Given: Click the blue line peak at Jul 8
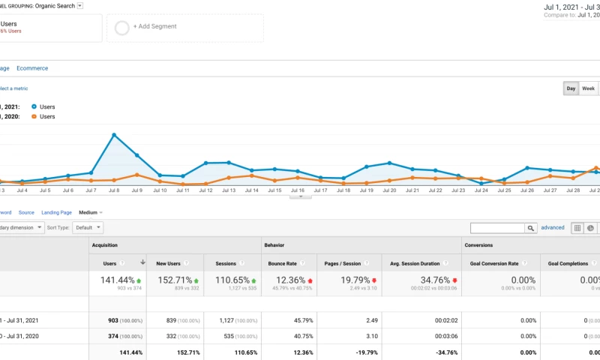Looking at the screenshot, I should (114, 135).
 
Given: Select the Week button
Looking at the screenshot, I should (589, 88).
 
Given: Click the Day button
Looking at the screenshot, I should (571, 88).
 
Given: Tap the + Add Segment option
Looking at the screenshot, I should (154, 26).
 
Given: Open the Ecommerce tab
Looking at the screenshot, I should (32, 68).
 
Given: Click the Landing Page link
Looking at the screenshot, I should (56, 212).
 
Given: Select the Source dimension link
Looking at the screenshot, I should (27, 212).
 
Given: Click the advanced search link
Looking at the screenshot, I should (553, 227).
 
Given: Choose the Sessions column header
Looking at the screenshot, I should (226, 263).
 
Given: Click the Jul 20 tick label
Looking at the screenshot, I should (389, 190).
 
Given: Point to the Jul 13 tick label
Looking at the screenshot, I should (228, 190).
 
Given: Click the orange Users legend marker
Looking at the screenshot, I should (34, 117).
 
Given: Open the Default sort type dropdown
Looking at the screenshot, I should (88, 227).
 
